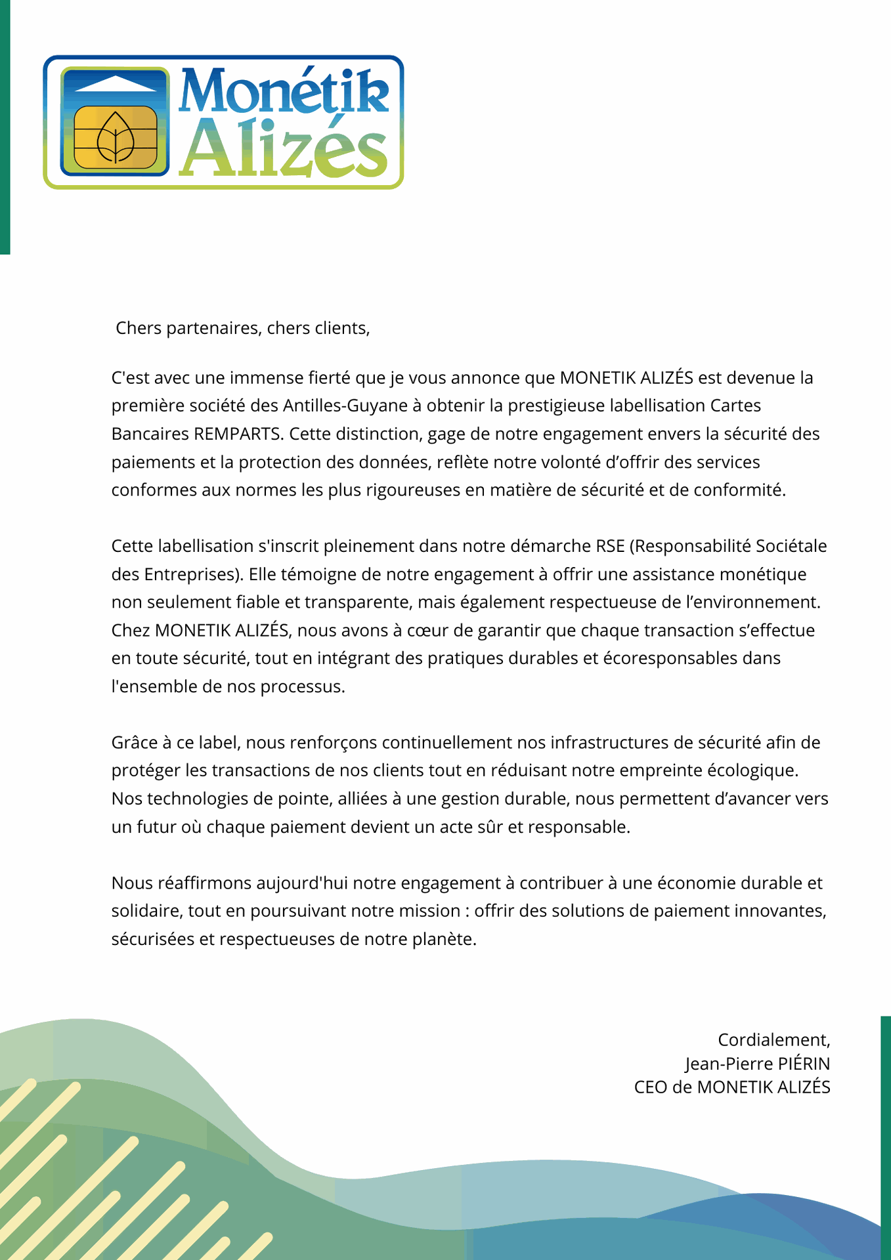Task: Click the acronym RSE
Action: tap(610, 546)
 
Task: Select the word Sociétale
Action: tap(791, 546)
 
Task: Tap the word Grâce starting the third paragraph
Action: tap(132, 742)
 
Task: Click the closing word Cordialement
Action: tap(773, 1039)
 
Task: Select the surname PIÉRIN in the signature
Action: tap(804, 1063)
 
